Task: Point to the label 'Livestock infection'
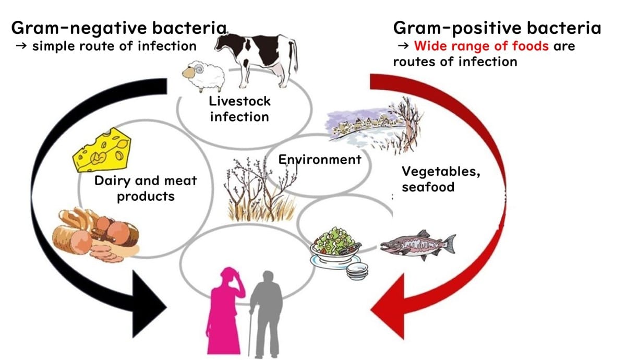coord(239,108)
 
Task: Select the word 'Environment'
coord(319,159)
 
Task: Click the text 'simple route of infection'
coord(114,46)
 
